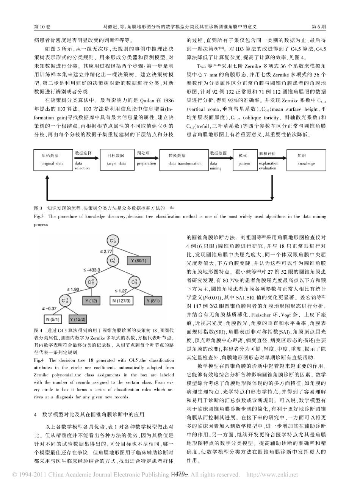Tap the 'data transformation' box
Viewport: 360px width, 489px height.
(185, 160)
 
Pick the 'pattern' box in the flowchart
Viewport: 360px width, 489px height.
(244, 160)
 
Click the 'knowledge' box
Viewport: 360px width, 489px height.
(306, 160)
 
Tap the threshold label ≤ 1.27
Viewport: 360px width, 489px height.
(121, 291)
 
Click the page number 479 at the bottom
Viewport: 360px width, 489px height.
(180, 474)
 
